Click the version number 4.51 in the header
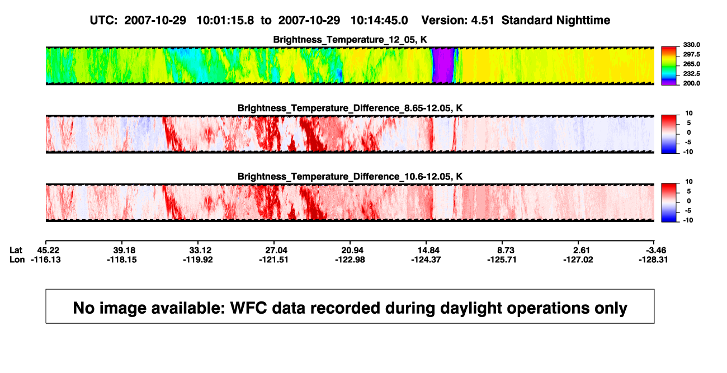point(482,21)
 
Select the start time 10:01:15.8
point(225,21)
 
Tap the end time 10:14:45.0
point(379,21)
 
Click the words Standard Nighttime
point(556,21)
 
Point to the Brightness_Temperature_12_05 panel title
point(350,40)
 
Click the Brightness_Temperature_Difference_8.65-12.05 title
point(350,108)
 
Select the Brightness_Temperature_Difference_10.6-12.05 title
point(350,177)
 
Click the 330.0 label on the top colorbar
point(691,45)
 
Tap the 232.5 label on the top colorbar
point(691,74)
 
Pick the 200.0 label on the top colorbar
point(691,83)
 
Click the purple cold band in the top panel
point(443,65)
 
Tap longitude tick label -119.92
point(198,260)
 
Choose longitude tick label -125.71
point(502,260)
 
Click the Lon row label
point(17,260)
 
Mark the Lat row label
point(16,251)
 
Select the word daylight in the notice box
point(470,308)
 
